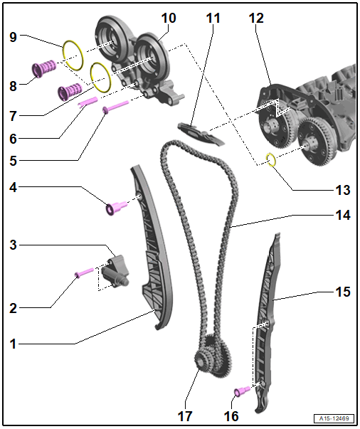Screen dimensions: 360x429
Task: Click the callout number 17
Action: coord(185,416)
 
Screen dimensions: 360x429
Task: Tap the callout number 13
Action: coord(343,190)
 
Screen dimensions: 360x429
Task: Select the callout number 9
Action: coord(13,37)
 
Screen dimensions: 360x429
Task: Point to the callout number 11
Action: coord(213,18)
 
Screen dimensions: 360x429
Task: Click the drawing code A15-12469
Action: coord(334,418)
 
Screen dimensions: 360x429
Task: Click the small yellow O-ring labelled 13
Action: coord(271,159)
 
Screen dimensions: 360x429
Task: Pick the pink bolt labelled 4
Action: coord(116,208)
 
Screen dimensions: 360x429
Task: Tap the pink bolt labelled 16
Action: coord(242,391)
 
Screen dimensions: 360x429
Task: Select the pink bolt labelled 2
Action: coord(84,272)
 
